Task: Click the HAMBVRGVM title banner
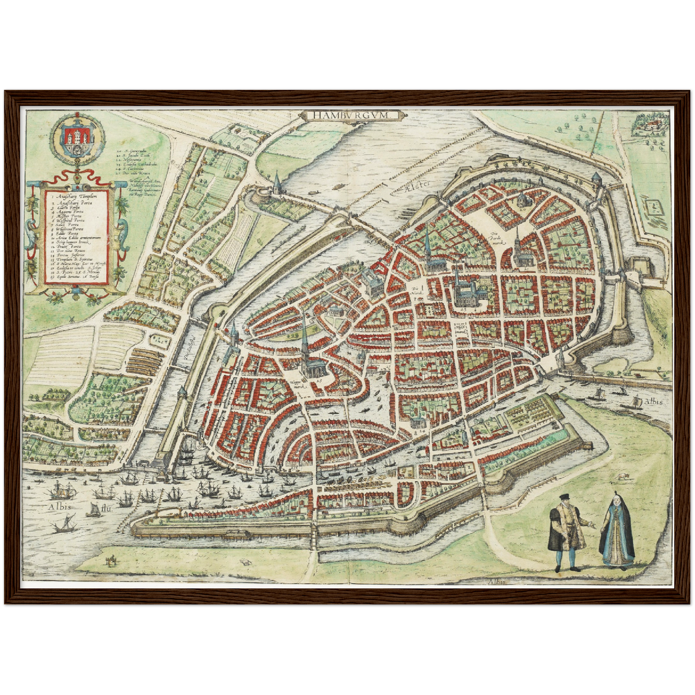click(x=351, y=115)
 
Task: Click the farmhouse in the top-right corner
click(x=652, y=126)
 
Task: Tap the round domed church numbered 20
click(x=523, y=201)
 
